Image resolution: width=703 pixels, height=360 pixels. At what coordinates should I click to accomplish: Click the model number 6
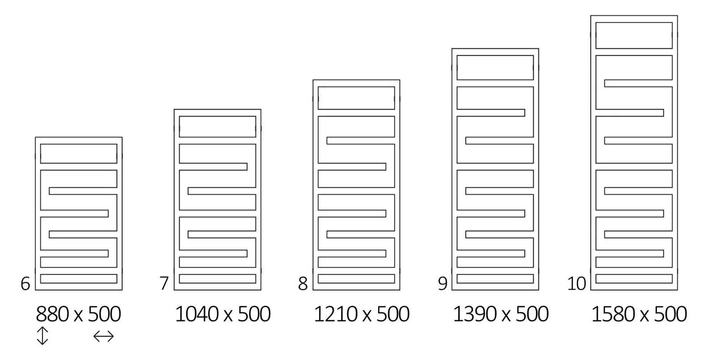coord(25,284)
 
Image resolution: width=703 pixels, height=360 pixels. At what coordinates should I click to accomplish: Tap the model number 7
coord(164,284)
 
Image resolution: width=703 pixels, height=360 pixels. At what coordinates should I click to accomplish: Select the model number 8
coord(303,284)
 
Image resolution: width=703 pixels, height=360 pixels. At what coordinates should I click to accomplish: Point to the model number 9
coord(443,284)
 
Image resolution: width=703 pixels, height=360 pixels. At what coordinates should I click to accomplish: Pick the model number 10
coord(576,284)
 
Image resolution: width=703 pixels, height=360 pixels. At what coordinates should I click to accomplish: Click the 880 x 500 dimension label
coord(78,314)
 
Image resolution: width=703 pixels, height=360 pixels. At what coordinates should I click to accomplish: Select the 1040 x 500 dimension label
coord(222,314)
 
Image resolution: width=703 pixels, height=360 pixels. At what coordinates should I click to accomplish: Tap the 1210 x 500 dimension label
coord(362,314)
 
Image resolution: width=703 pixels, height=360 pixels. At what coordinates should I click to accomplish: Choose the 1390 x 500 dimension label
coord(501,314)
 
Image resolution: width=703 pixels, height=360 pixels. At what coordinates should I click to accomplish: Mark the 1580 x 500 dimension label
coord(639,314)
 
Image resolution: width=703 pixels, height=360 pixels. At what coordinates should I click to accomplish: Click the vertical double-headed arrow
coord(43,336)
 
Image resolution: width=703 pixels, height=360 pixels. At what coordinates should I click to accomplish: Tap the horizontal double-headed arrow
coord(103,336)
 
